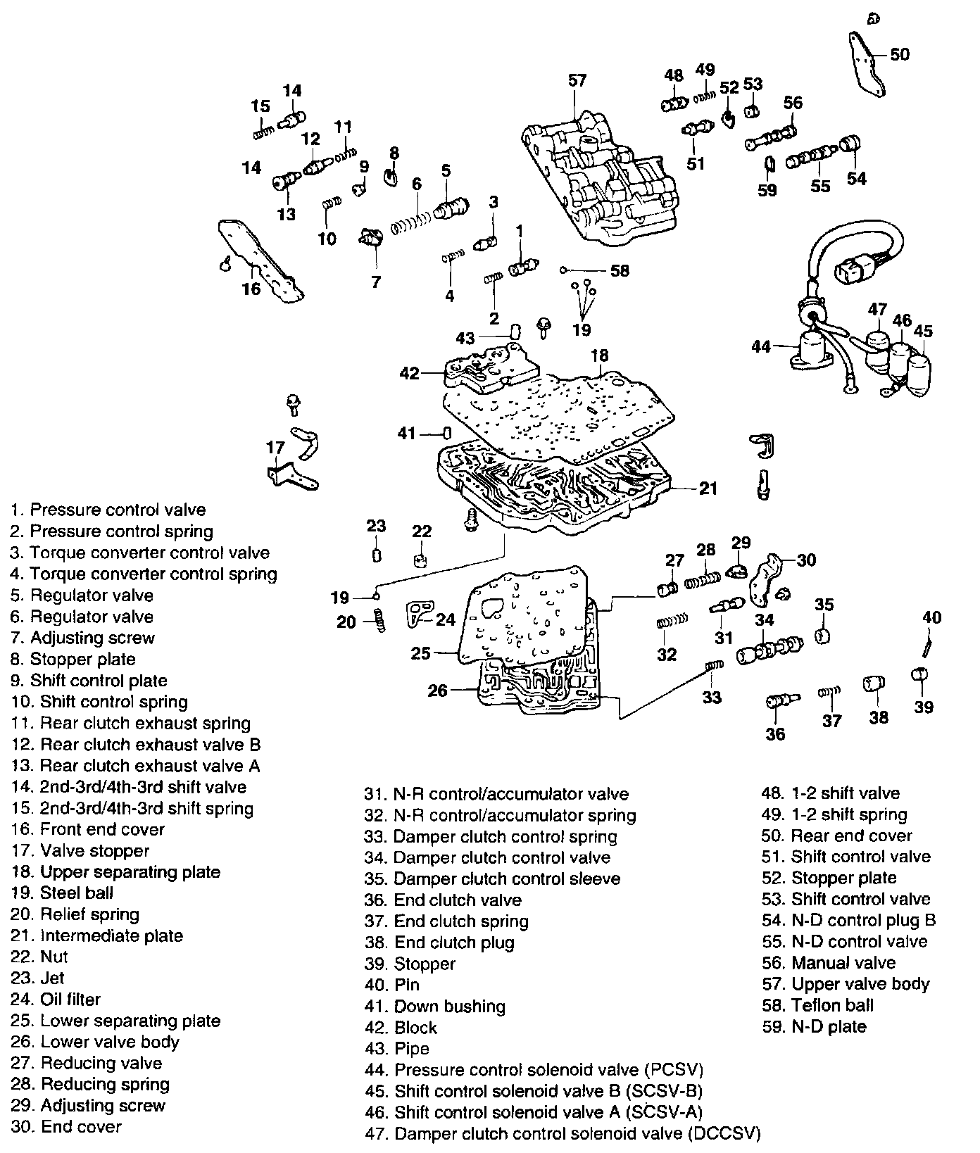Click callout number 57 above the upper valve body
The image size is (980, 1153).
(577, 80)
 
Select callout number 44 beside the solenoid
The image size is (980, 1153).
(762, 346)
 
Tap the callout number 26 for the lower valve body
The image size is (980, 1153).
(437, 691)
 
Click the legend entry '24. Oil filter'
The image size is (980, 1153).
(56, 999)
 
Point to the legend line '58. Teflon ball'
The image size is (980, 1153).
(817, 1005)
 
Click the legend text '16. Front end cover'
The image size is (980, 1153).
(88, 829)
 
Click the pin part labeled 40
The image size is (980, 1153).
(929, 642)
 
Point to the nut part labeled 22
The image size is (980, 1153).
(421, 561)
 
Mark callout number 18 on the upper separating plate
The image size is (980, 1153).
(599, 355)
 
